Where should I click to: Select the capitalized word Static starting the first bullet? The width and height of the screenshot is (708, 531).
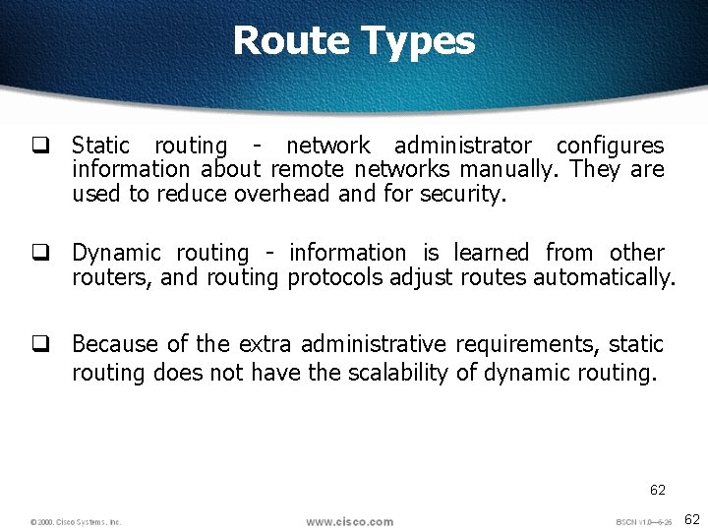click(100, 146)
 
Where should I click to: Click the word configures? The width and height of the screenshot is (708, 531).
click(610, 147)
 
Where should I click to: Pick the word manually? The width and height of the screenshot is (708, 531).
click(516, 170)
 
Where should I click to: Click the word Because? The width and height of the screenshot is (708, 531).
click(115, 344)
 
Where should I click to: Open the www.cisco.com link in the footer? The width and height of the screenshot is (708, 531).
click(349, 521)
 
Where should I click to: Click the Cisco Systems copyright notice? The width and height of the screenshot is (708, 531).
click(76, 522)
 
